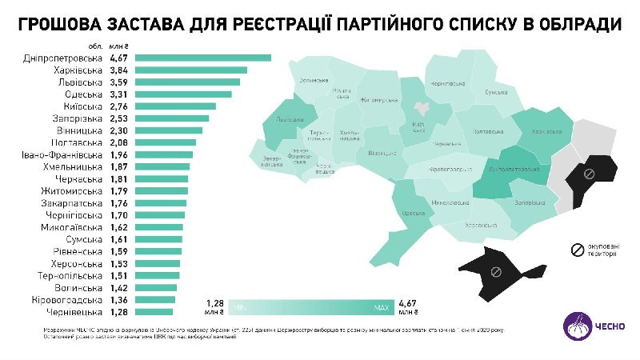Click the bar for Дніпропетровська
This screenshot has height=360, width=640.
click(203, 58)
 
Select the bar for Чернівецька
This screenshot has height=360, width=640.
click(154, 312)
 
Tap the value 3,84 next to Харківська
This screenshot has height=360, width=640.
click(118, 70)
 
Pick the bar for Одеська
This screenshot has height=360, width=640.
click(183, 94)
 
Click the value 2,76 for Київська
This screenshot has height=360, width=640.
click(118, 106)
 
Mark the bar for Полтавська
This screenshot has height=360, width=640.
click(166, 142)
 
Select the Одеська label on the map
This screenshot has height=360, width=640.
click(413, 213)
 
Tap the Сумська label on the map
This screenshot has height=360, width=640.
click(496, 93)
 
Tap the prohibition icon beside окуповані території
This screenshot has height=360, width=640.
click(574, 250)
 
